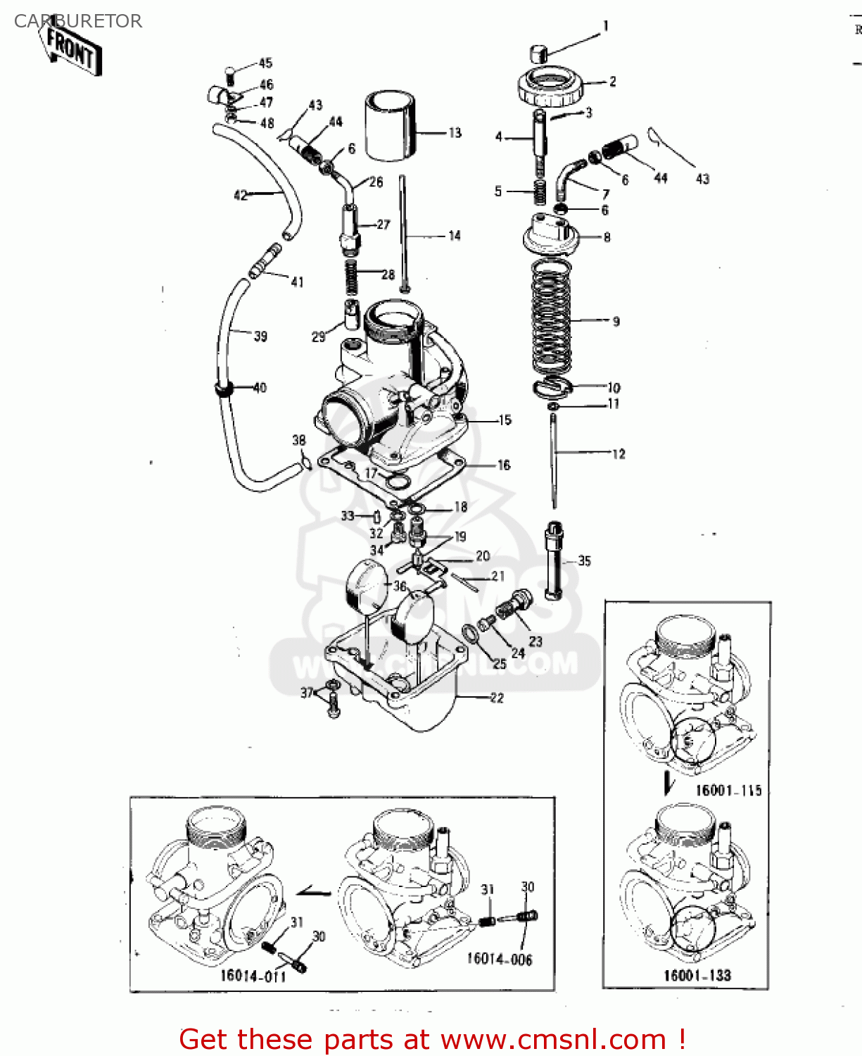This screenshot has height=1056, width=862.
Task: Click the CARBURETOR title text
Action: point(77,21)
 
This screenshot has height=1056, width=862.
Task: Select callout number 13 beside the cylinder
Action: point(455,132)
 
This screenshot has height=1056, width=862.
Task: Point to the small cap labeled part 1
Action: point(538,53)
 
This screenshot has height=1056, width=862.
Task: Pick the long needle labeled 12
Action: point(554,461)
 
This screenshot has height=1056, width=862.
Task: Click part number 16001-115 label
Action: point(728,791)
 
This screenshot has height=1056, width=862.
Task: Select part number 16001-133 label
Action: point(697,976)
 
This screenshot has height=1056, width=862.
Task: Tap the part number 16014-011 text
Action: point(253,976)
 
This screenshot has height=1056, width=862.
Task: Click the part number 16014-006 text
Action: point(500,960)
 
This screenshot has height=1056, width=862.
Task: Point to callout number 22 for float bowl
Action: point(497,698)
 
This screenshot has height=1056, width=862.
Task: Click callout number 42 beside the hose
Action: point(241,195)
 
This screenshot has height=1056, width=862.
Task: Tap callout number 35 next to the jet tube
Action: point(584,561)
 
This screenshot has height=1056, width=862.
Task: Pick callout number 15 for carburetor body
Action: point(505,420)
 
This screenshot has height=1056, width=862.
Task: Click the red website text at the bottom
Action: point(432,1040)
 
